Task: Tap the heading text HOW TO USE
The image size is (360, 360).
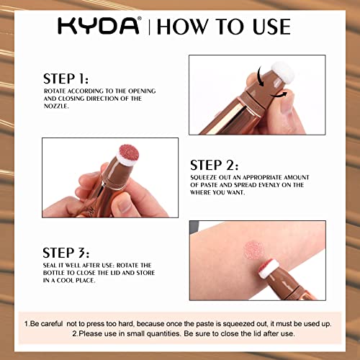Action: [224, 27]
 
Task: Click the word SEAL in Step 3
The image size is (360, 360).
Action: [51, 266]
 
